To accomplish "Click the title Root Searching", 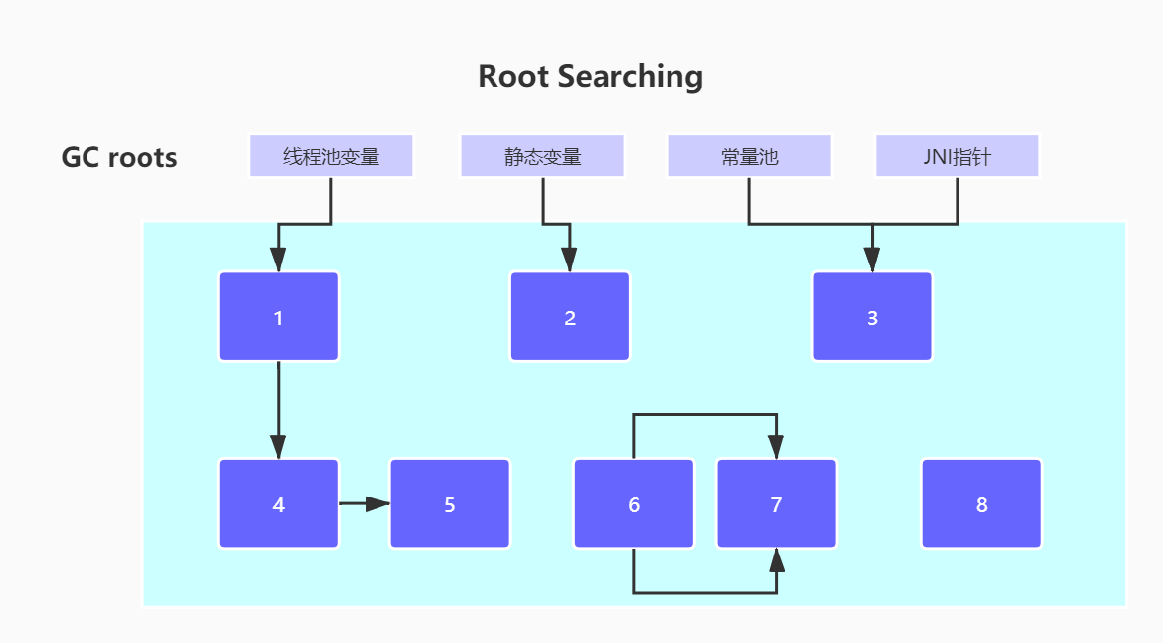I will (590, 76).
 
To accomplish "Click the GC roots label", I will (119, 157).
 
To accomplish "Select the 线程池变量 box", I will (331, 156).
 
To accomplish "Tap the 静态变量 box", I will (542, 156).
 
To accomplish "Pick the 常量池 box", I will (749, 156).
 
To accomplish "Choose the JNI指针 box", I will (957, 156).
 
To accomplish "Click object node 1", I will (279, 317).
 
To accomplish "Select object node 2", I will (570, 317).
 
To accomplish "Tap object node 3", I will (872, 317).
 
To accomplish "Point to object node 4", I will (279, 504).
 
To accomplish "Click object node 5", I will (450, 504).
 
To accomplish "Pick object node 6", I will (634, 504).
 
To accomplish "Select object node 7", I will (776, 504).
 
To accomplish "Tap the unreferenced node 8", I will (981, 504).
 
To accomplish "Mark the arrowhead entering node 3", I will (872, 260).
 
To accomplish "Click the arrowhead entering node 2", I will (570, 260).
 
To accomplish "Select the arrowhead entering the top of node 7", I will (777, 447).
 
